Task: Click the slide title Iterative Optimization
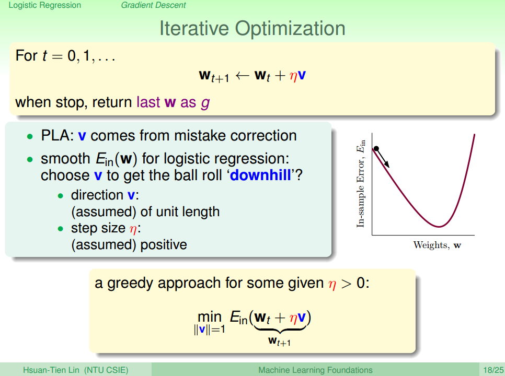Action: tap(252, 29)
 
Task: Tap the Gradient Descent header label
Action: tap(153, 5)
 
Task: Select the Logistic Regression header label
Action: tap(45, 5)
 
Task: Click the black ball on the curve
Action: tap(376, 149)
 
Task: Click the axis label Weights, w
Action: tap(437, 245)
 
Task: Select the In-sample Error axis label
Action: tap(361, 184)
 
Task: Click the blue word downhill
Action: tap(260, 175)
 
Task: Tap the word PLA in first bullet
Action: tap(55, 135)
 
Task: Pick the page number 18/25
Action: tap(493, 370)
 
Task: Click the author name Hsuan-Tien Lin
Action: tap(51, 370)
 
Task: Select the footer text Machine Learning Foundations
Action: tap(315, 370)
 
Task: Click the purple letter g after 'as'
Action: tap(205, 103)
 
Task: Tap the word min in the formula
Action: tap(209, 317)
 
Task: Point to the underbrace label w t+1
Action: tap(279, 341)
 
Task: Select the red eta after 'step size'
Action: tap(133, 229)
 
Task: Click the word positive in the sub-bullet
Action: tap(164, 245)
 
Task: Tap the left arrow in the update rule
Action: tap(242, 76)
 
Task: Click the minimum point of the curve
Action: tap(439, 227)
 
